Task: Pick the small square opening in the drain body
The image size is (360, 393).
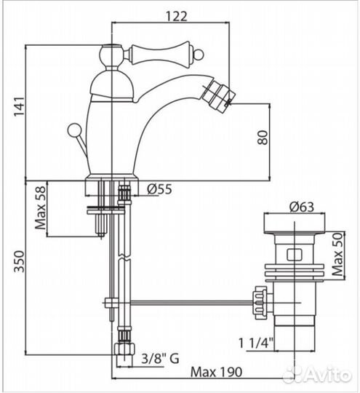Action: [295, 255]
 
